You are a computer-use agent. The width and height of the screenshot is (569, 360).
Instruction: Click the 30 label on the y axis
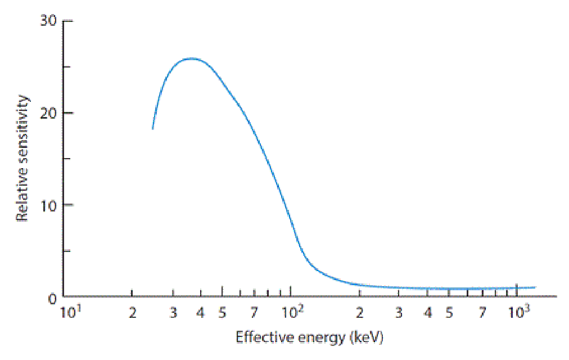pos(48,21)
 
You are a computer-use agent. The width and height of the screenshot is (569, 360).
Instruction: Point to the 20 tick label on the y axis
pos(48,113)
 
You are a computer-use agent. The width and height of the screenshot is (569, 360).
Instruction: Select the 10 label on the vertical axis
pos(48,206)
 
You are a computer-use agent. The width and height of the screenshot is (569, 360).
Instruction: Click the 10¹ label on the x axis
pos(70,312)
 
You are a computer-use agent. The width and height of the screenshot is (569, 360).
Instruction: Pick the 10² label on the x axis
pos(293,312)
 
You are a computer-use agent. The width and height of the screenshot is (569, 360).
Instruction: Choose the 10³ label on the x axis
pos(519,312)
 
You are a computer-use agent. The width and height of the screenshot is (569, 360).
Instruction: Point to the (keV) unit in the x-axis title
pos(367,337)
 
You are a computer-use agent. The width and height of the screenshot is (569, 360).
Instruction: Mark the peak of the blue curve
pos(192,58)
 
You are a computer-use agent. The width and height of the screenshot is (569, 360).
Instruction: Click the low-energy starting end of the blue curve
pos(153,128)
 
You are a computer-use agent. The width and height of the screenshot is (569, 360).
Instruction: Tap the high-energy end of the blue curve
pos(535,287)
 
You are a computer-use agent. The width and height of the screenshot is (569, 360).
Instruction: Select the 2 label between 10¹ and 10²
pos(133,312)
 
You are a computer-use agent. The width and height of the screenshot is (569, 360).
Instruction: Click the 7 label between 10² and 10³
pos(482,312)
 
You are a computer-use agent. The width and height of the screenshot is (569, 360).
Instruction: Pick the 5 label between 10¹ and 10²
pos(222,312)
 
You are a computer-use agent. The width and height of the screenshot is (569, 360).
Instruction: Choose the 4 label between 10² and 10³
pos(428,312)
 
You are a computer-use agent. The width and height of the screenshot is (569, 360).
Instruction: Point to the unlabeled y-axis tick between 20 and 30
pos(67,67)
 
